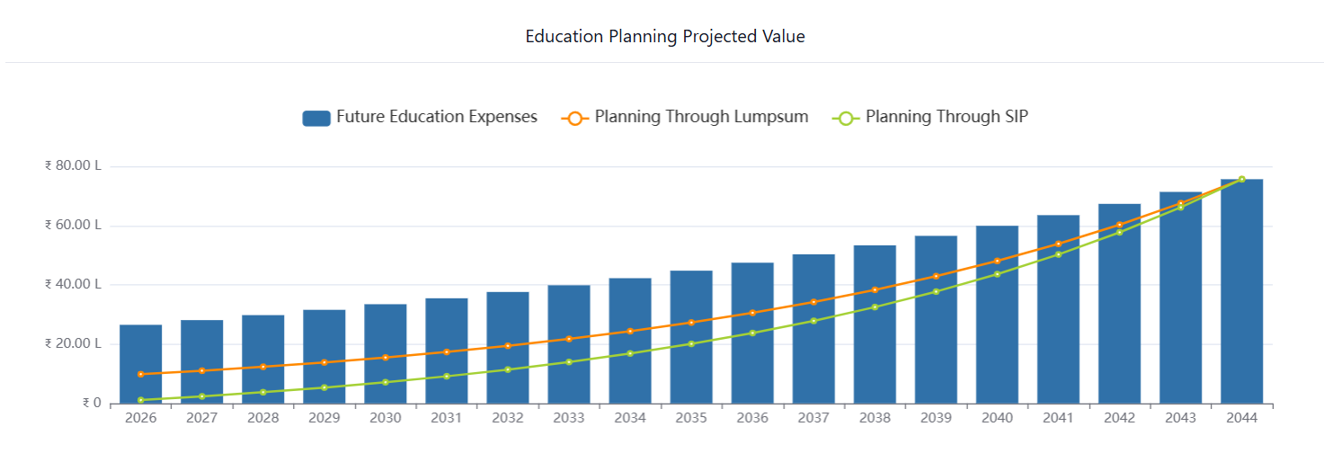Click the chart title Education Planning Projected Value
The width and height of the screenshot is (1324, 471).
664,37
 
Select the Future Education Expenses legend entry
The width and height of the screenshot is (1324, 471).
420,117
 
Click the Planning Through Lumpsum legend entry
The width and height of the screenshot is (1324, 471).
685,117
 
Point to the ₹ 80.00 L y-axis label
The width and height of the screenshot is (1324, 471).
73,166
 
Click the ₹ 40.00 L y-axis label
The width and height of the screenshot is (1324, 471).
73,285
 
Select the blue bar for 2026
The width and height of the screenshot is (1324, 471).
140,364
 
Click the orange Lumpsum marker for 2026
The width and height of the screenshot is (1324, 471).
140,374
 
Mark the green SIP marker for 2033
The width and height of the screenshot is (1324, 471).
569,362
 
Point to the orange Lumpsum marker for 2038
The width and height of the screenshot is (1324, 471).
875,289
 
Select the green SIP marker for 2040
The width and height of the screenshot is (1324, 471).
997,274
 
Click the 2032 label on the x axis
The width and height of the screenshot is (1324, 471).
508,418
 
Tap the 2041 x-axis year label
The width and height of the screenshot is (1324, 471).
1058,418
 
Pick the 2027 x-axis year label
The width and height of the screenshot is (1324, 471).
201,418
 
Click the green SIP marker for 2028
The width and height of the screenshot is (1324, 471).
262,392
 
